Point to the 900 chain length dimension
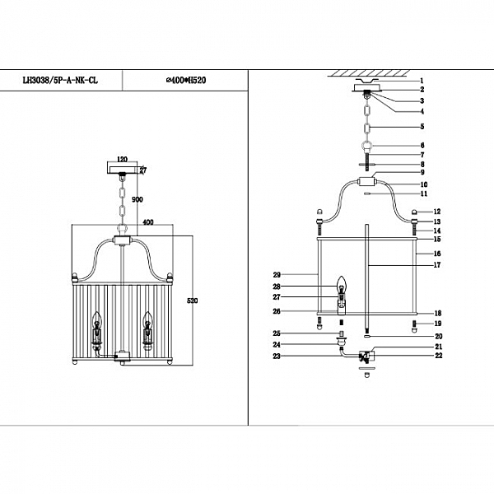tap(137, 199)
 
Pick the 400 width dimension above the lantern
tap(148, 222)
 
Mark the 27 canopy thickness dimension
tap(142, 170)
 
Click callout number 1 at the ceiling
tap(421, 81)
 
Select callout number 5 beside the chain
tap(421, 127)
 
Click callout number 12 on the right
tap(437, 212)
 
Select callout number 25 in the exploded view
tap(277, 333)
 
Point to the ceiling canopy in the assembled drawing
tap(123, 169)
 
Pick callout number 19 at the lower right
tap(437, 324)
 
